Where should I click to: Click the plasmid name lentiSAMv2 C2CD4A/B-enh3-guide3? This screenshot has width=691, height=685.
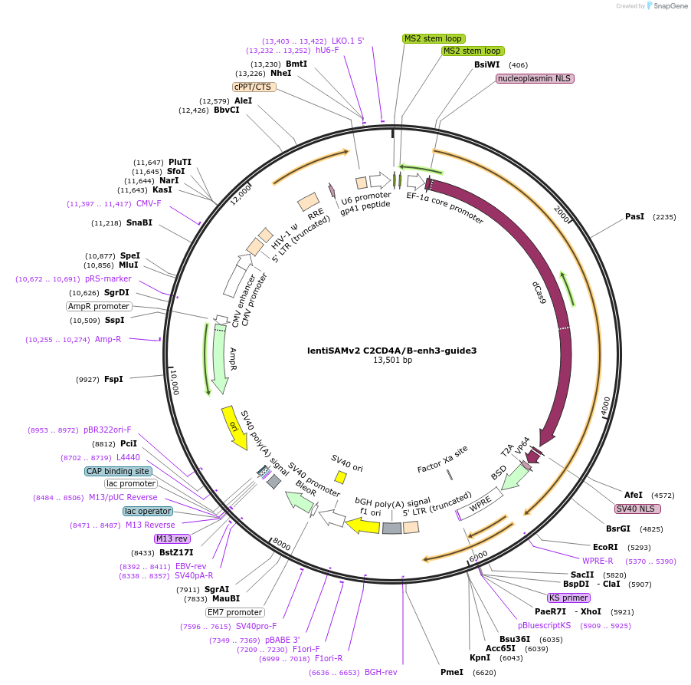[391, 351]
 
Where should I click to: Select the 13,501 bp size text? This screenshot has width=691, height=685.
[392, 361]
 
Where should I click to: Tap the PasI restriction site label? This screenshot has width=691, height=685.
[634, 217]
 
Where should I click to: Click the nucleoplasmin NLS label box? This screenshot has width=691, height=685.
[535, 78]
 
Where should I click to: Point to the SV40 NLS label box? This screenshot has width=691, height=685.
[637, 509]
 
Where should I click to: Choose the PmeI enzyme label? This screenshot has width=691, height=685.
[451, 672]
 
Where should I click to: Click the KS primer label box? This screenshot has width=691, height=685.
[568, 598]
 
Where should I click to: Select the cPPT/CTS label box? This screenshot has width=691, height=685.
[254, 87]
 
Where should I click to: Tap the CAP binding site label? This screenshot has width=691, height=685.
[118, 471]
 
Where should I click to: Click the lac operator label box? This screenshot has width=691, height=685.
[148, 511]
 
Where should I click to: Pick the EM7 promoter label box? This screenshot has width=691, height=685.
[235, 612]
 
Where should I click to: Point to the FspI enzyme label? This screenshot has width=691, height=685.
[113, 379]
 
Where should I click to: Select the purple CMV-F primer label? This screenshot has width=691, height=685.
[149, 204]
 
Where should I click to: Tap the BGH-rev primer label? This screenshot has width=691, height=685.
[381, 672]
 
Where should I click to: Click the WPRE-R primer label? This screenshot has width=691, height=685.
[598, 562]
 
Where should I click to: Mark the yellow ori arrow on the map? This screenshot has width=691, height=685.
[234, 427]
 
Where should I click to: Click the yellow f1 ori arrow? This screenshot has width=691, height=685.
[363, 525]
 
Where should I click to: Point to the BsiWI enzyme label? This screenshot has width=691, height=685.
[486, 65]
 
